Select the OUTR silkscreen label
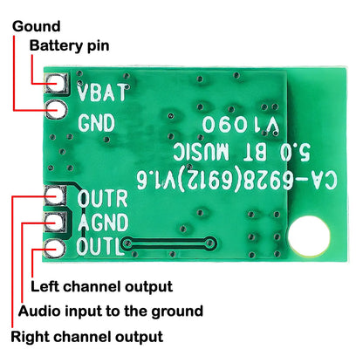(x=103, y=197)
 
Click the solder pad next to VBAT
(x=58, y=85)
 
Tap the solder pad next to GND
(x=58, y=111)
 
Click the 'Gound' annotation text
(x=36, y=26)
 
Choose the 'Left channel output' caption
(x=100, y=286)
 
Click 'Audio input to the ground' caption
(x=111, y=311)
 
